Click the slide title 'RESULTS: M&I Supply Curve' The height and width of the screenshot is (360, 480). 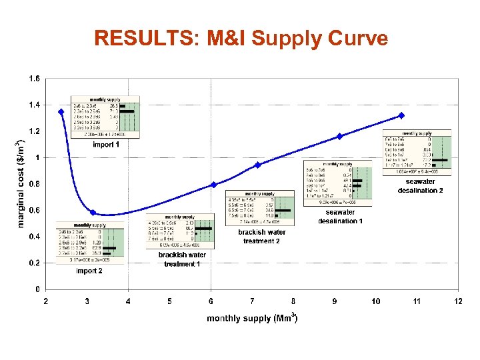click(241, 38)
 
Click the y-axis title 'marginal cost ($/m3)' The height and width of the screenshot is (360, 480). click(20, 182)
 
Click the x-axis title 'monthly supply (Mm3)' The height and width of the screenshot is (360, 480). click(252, 318)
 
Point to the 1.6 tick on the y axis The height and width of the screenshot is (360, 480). click(34, 79)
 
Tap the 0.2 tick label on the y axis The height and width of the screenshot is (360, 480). click(34, 263)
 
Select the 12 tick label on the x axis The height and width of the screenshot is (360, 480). click(458, 301)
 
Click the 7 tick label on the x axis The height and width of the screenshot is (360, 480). click(252, 301)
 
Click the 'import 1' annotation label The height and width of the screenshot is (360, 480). click(106, 144)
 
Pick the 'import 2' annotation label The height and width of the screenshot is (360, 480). click(89, 271)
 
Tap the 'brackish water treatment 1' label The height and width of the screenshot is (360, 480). click(182, 259)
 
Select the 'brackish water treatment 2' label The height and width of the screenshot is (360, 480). click(262, 236)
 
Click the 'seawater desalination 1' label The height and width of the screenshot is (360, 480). click(340, 217)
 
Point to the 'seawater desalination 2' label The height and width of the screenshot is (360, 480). click(421, 186)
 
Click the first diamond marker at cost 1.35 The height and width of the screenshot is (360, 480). click(61, 112)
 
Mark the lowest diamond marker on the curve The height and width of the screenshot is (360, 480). click(93, 213)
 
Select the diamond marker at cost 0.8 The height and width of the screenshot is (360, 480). click(213, 185)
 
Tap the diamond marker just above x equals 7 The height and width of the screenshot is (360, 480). click(257, 165)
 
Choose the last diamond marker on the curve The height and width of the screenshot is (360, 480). click(401, 115)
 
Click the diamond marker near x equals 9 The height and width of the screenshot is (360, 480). click(339, 136)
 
